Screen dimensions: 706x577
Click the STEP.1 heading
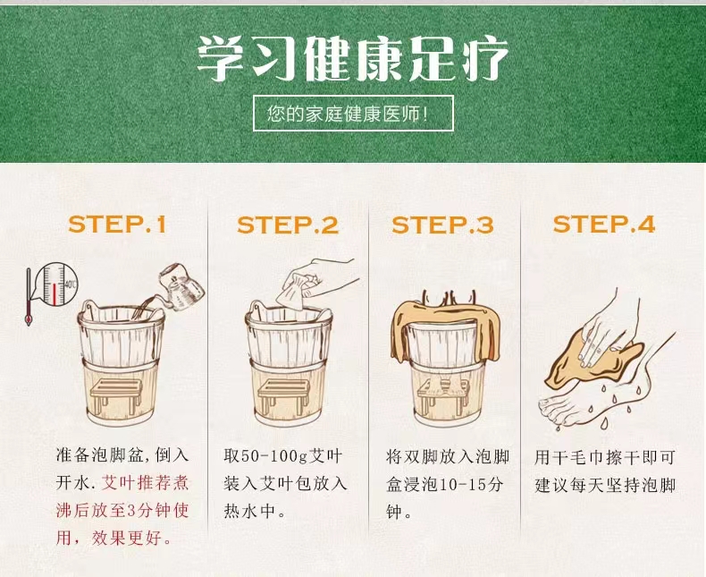tap(117, 224)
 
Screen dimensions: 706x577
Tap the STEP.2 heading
tap(288, 225)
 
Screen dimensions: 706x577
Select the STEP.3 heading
tap(442, 225)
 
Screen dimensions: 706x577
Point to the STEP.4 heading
tap(604, 224)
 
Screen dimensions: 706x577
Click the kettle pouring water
tap(181, 284)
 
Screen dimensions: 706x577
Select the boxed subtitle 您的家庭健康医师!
tap(353, 113)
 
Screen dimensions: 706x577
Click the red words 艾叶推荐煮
tap(145, 483)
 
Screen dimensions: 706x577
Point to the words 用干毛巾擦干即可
tap(605, 457)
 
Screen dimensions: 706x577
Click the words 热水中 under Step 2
tap(249, 511)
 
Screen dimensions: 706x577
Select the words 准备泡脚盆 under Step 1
tap(99, 454)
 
